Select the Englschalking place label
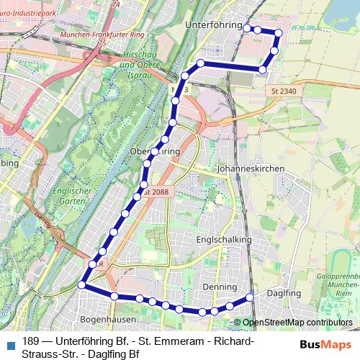click(227, 240)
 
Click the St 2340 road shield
click(284, 91)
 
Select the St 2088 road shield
click(156, 192)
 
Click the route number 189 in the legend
click(31, 341)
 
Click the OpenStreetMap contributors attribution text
click(298, 323)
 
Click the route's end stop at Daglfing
click(251, 297)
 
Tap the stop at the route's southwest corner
click(81, 286)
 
